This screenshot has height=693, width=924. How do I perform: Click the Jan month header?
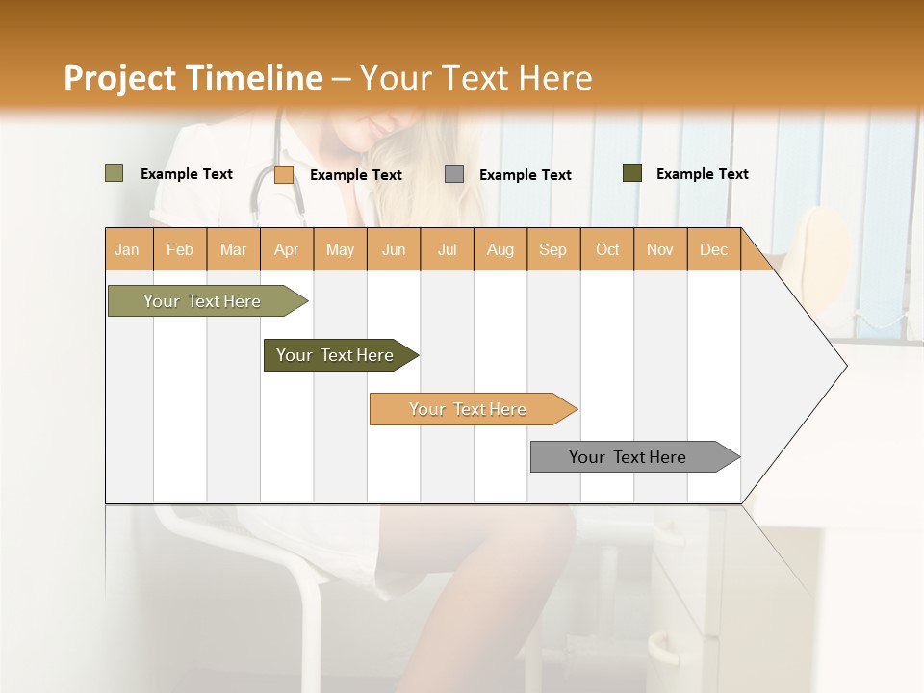tap(127, 249)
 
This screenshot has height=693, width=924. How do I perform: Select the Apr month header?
tap(286, 249)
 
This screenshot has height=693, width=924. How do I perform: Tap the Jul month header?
tap(447, 249)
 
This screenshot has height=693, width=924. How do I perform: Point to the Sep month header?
tap(552, 249)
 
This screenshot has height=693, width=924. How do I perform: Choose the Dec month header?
tap(713, 249)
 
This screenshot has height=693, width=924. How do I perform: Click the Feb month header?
tap(180, 249)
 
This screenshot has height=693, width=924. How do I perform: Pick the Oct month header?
tap(607, 249)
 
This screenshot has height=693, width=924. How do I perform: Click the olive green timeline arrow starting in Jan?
tap(203, 301)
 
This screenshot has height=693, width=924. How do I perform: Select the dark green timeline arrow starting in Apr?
tap(336, 355)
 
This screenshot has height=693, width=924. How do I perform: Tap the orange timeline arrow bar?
tap(469, 409)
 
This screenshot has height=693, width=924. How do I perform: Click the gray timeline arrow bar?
tap(629, 457)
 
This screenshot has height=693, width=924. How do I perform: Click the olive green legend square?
tap(114, 173)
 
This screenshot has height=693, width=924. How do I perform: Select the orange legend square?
tap(284, 174)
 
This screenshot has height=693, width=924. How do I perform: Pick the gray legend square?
tap(454, 174)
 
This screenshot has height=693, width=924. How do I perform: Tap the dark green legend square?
tap(632, 173)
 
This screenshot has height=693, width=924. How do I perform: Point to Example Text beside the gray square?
tap(525, 174)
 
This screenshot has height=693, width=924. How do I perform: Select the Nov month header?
tap(659, 249)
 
